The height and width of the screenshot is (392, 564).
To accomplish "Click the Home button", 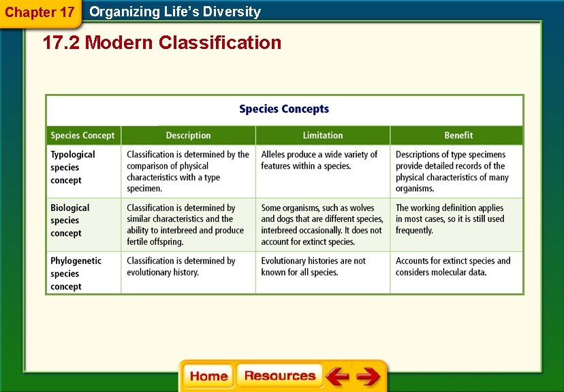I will (208, 376).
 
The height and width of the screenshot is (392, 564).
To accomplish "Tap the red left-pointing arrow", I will (336, 376).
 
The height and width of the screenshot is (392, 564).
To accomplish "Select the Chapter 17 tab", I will (40, 12).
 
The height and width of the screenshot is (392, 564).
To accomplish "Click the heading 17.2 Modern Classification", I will (162, 43).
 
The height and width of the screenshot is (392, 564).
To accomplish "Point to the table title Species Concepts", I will (284, 109).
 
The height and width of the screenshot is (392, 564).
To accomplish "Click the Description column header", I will (188, 135).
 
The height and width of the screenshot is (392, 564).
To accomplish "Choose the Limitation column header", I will (323, 135).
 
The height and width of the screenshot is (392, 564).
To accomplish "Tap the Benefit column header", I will (458, 135).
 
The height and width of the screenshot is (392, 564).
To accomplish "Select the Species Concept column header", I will (83, 135).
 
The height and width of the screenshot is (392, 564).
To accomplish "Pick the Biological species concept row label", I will (69, 220).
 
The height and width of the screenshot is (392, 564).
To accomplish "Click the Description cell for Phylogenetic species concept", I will (181, 266).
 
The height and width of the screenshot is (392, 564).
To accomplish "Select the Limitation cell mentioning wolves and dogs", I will (322, 225).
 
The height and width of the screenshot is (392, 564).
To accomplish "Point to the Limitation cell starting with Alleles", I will (319, 160).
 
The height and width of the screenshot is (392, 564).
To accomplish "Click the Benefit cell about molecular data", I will (453, 266).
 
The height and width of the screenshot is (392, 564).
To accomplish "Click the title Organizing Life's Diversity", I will (175, 12).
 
